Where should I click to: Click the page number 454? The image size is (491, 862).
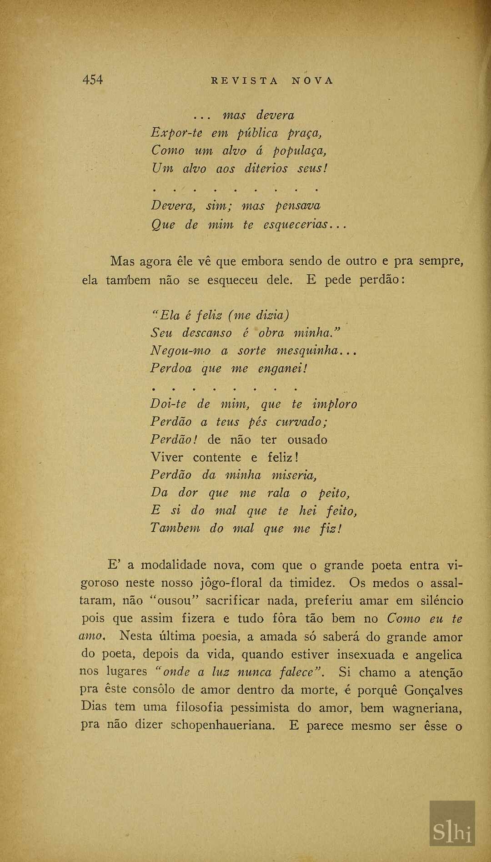[93, 80]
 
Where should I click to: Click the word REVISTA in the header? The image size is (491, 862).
[245, 81]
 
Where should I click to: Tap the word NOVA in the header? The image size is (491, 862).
[313, 81]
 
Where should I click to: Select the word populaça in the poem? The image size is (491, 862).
[299, 151]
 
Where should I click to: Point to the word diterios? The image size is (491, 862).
[266, 169]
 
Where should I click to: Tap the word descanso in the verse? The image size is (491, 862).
[207, 333]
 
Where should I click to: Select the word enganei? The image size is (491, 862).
[282, 368]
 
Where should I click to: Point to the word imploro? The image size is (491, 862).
[335, 404]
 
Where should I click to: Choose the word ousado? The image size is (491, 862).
[307, 440]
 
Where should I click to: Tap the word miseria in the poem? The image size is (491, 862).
[293, 475]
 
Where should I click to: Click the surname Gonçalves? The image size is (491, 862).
[433, 691]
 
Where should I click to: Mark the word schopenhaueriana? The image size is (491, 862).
[223, 725]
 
